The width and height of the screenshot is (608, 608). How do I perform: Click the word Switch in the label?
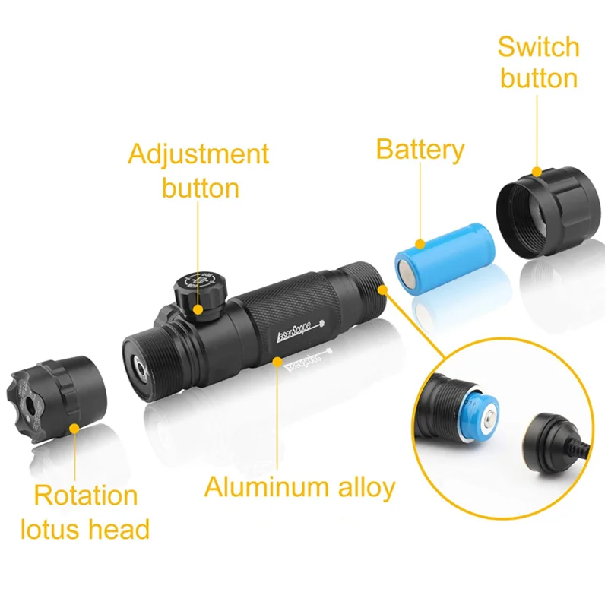point(538,47)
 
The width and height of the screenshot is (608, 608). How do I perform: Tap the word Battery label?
point(420,150)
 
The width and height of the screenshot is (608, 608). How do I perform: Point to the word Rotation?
point(86,496)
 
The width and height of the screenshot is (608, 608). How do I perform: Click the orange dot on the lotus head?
point(74,428)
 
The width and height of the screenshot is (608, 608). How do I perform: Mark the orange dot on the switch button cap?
point(537,172)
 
